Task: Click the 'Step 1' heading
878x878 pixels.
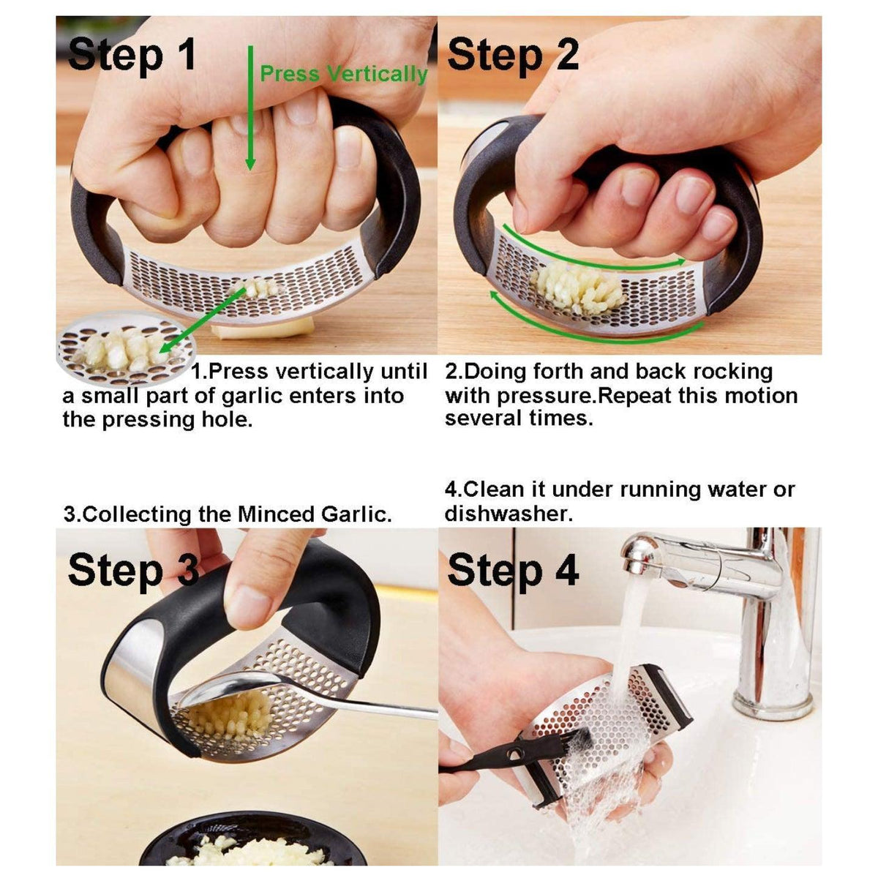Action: (x=132, y=54)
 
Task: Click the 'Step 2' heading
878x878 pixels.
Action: (x=513, y=54)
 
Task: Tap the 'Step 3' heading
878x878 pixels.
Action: (x=132, y=571)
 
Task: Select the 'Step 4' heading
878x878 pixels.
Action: (x=513, y=571)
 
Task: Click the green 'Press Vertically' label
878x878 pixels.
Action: (x=343, y=74)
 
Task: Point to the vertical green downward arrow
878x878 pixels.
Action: (x=250, y=110)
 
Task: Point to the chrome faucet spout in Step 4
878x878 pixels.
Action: (x=658, y=553)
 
